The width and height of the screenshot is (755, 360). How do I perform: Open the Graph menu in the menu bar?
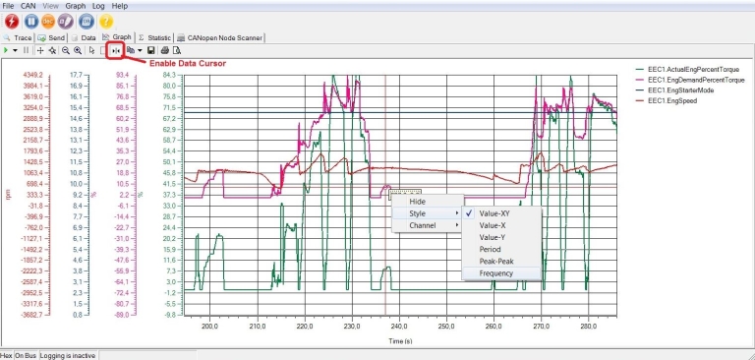76,6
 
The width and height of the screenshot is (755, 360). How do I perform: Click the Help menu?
119,6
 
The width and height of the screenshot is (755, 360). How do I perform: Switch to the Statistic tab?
154,36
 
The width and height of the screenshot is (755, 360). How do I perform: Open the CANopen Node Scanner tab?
218,36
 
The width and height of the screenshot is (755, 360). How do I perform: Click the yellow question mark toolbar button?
106,21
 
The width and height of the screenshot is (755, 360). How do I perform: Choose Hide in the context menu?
417,201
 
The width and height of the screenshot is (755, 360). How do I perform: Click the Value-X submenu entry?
494,224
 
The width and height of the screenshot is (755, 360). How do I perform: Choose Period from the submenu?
492,249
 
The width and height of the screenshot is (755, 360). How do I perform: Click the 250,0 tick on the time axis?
445,326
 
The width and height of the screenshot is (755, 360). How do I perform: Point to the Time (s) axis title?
400,340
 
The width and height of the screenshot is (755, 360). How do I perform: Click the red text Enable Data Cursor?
187,63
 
